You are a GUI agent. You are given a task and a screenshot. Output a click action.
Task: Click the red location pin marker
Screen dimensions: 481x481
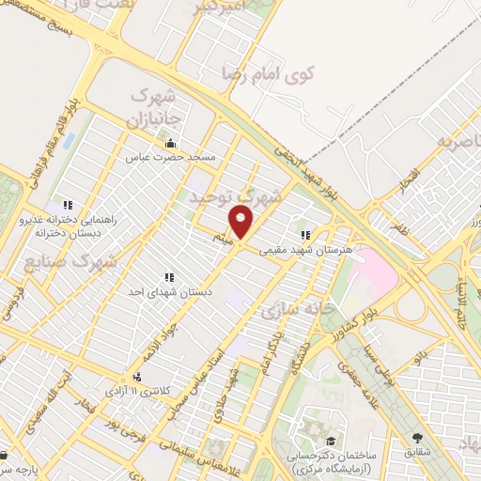(241, 225)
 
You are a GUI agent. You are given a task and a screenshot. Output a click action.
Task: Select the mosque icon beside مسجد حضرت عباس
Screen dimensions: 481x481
(170, 143)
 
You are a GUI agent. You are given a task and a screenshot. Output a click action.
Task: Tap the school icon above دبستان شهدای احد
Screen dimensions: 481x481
(170, 278)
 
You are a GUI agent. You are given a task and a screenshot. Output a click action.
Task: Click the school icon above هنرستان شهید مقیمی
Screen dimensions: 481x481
(304, 236)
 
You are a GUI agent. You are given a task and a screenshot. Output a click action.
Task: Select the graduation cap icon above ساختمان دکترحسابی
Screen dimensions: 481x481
(331, 441)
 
